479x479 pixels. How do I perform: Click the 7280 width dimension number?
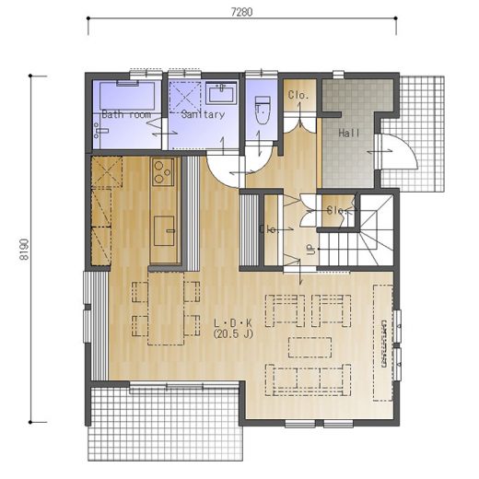pos(241,12)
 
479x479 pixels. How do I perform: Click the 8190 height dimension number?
pos(24,250)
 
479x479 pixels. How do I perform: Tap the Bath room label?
pos(126,114)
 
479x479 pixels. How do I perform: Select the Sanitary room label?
pos(203,114)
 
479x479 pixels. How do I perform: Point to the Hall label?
pos(349,133)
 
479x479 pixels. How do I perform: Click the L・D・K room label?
pos(233,323)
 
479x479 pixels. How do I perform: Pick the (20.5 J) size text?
pos(233,333)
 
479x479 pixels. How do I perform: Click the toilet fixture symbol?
pos(263,110)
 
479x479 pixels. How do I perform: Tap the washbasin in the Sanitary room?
pos(221,92)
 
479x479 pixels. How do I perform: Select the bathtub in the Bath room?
pos(127,96)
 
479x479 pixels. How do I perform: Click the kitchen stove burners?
pos(163,172)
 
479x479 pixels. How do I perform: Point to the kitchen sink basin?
pos(164,231)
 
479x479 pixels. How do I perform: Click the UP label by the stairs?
pos(311,250)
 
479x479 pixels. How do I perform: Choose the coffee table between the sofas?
pos(310,347)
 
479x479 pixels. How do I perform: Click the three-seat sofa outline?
pos(309,380)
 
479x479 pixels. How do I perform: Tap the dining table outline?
pos(166,308)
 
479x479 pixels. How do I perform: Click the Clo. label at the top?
pos(298,95)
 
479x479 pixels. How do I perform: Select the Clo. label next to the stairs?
pos(337,211)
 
